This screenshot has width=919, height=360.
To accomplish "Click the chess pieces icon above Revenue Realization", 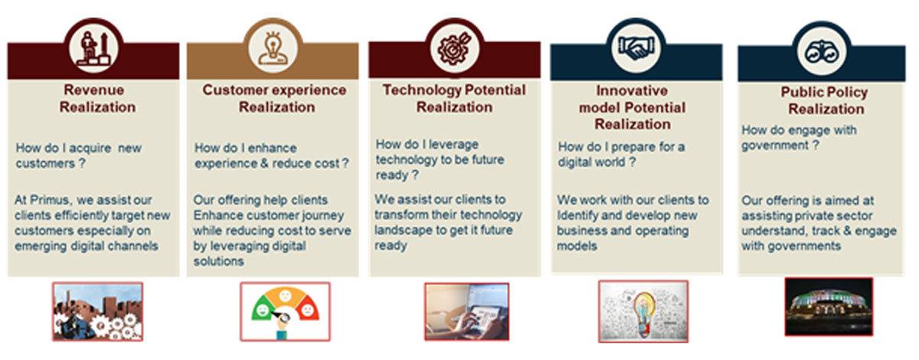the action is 94,49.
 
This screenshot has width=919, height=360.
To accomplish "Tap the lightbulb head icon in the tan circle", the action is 273,48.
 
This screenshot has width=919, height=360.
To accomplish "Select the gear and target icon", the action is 454,49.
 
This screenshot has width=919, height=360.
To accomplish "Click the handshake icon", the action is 636,48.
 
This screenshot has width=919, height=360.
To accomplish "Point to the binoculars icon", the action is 822,53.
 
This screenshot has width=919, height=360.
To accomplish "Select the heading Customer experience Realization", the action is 275,99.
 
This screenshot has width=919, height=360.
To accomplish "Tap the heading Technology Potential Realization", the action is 454,99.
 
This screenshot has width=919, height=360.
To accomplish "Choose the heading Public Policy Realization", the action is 825,100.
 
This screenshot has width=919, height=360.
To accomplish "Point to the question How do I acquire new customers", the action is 79,155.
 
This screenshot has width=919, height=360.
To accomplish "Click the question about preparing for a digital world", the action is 621,155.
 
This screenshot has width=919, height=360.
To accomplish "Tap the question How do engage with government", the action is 799,138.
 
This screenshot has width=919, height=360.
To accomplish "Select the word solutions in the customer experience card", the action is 219,261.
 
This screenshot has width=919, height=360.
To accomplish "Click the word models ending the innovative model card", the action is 577,246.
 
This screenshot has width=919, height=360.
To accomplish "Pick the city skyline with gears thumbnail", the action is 98,312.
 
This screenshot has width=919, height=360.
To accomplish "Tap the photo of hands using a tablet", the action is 467,312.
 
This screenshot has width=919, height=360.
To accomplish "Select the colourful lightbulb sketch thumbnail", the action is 643,312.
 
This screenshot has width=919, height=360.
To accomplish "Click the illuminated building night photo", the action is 829,307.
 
